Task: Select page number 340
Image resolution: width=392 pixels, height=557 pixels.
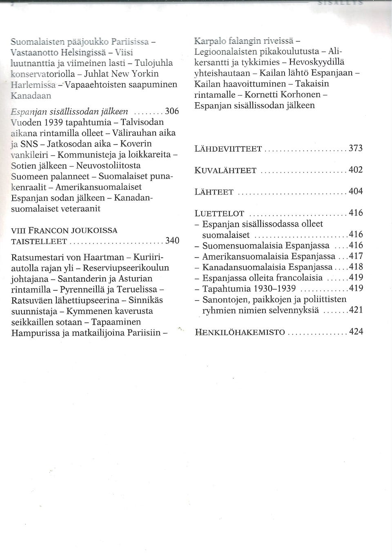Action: click(x=172, y=240)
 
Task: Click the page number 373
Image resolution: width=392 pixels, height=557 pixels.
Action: click(x=356, y=148)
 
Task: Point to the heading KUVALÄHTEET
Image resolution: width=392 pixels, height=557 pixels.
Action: click(x=225, y=171)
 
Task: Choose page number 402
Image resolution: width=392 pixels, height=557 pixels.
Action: click(x=356, y=170)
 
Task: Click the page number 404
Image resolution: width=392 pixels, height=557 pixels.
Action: click(x=356, y=191)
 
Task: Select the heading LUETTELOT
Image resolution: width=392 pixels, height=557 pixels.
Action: click(x=219, y=214)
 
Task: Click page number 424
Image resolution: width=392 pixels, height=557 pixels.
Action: click(x=356, y=331)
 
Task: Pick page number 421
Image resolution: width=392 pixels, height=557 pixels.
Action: click(x=356, y=310)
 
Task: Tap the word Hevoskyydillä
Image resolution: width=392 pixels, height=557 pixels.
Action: click(x=316, y=63)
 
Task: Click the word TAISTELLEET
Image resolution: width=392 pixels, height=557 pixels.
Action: click(x=39, y=242)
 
